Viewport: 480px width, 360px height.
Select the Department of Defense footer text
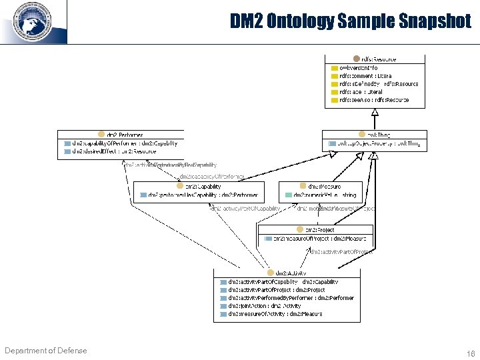(45, 351)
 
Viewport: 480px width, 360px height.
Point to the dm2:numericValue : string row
(325, 195)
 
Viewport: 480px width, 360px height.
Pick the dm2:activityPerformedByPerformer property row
(291, 298)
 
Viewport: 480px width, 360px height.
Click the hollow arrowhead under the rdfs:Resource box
(375, 111)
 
